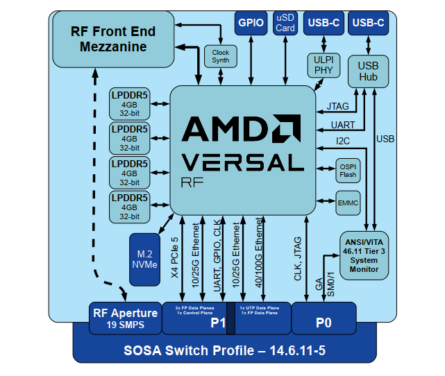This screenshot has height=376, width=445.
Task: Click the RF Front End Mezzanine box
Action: coord(113,40)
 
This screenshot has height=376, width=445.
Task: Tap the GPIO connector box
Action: coord(251,23)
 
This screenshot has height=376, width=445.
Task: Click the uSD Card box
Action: coord(285,23)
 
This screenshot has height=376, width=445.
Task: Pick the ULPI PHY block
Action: coord(324,65)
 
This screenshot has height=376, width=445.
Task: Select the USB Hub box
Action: coord(368,71)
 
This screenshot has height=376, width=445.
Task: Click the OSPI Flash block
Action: coord(348,170)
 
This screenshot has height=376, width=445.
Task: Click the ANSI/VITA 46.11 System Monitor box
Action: coord(364,255)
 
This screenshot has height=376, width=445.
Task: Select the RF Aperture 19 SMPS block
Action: coord(126,318)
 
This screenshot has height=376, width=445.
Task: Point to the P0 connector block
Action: coord(324,322)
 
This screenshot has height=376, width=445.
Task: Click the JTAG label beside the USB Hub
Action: coord(340,107)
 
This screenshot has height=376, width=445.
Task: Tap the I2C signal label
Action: coord(344,142)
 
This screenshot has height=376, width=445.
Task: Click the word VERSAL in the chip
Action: coord(242,162)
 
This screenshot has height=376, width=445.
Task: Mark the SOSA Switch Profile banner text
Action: coord(224,350)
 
